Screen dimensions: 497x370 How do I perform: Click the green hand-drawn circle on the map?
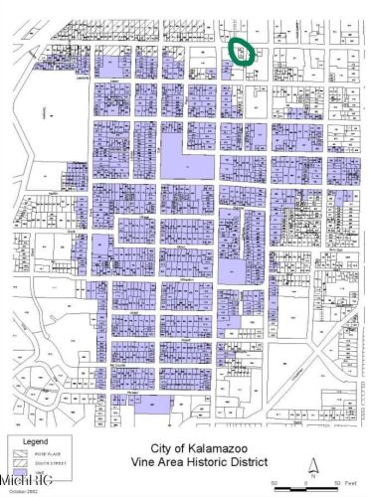[x=242, y=50]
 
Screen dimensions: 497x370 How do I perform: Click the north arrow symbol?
[x=312, y=463]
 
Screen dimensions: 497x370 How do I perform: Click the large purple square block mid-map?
[x=182, y=158]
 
